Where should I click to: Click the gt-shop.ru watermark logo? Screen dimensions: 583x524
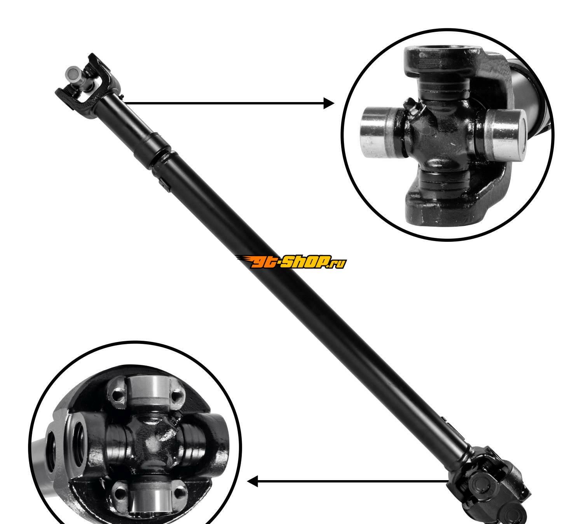[x=291, y=262]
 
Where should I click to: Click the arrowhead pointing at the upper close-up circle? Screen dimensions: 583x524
[x=329, y=103]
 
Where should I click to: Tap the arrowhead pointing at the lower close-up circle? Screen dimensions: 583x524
[x=252, y=481]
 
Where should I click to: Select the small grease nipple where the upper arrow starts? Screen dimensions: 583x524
[x=122, y=96]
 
